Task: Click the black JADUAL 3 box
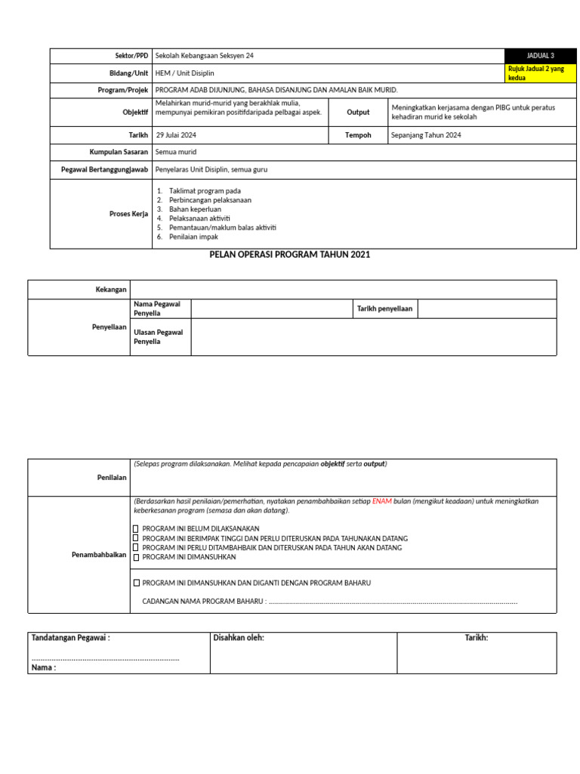tap(540, 56)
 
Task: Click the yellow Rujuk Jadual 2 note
tap(540, 73)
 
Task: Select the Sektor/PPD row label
tap(131, 56)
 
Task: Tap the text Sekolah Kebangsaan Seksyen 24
tap(199, 56)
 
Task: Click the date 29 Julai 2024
tap(180, 135)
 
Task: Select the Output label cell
tap(358, 112)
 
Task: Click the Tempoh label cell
tap(358, 135)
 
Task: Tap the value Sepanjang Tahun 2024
tap(426, 135)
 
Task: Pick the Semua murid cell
tap(175, 152)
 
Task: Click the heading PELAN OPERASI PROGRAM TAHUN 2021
tap(289, 255)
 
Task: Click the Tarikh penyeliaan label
tap(384, 308)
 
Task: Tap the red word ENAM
tap(381, 501)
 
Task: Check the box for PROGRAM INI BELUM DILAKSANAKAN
tap(136, 529)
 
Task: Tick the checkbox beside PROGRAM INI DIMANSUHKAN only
tap(136, 557)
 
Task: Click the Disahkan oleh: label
tap(239, 638)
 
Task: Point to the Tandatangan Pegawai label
tap(70, 638)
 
